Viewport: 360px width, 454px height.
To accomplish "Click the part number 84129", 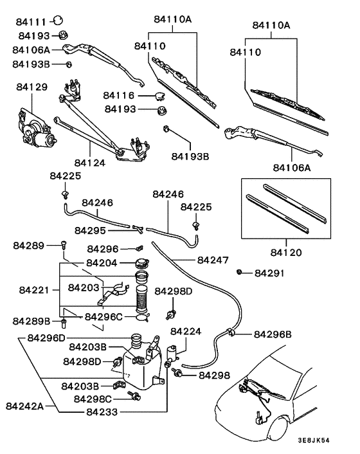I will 32,86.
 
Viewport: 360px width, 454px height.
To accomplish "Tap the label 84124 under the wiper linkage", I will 89,163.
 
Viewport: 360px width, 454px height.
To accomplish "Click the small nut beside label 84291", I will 240,273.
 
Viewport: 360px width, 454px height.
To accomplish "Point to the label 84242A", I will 24,406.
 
